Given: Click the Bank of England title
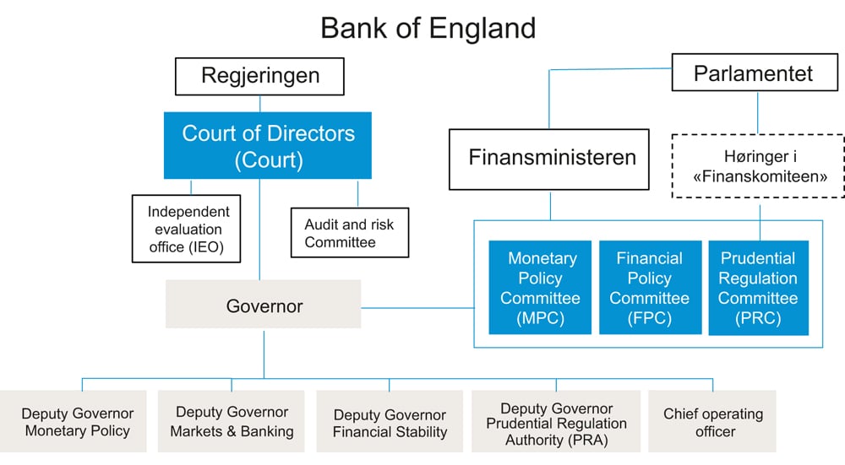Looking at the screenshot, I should click(x=428, y=28).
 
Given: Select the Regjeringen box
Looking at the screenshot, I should click(x=260, y=76).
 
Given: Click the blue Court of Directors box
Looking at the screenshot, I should click(x=268, y=145).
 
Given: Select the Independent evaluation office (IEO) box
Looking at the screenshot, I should click(x=188, y=228).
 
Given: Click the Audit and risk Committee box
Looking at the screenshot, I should click(x=349, y=233).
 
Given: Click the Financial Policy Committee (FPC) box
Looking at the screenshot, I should click(x=649, y=288).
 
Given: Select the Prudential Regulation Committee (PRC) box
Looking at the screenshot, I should click(x=758, y=288).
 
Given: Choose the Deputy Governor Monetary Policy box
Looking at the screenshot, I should click(x=77, y=422).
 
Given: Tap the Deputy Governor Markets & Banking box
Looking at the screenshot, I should click(x=232, y=421).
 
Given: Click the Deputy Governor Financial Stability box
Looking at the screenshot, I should click(x=390, y=423).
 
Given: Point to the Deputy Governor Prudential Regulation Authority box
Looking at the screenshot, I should click(x=556, y=423).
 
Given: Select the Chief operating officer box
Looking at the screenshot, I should click(x=712, y=422).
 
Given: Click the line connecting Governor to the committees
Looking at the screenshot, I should click(x=417, y=308).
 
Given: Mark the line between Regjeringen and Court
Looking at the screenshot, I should click(x=260, y=103).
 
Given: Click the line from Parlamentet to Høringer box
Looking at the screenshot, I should click(x=757, y=112).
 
